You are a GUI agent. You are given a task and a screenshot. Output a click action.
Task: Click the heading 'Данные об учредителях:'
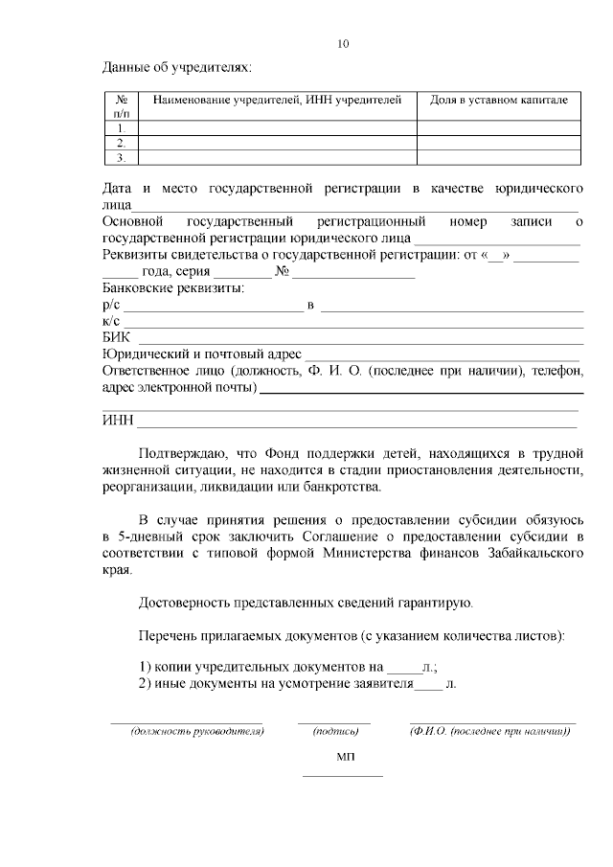point(177,68)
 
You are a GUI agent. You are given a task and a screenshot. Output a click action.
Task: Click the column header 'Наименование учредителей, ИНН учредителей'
point(278,100)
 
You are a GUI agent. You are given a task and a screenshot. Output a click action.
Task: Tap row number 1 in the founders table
point(122,127)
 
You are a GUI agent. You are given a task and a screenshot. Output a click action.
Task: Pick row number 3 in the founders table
point(122,157)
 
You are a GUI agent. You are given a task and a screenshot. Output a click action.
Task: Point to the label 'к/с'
point(110,321)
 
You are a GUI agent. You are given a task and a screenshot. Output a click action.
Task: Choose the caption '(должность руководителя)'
point(186,732)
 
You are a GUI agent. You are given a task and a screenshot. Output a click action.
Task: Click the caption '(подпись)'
point(335,732)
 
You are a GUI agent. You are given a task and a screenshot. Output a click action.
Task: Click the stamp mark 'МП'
point(345,757)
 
